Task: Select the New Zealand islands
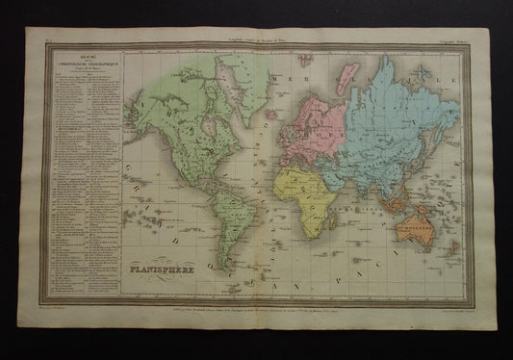tap(451, 252)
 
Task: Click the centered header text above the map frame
tap(256, 36)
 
